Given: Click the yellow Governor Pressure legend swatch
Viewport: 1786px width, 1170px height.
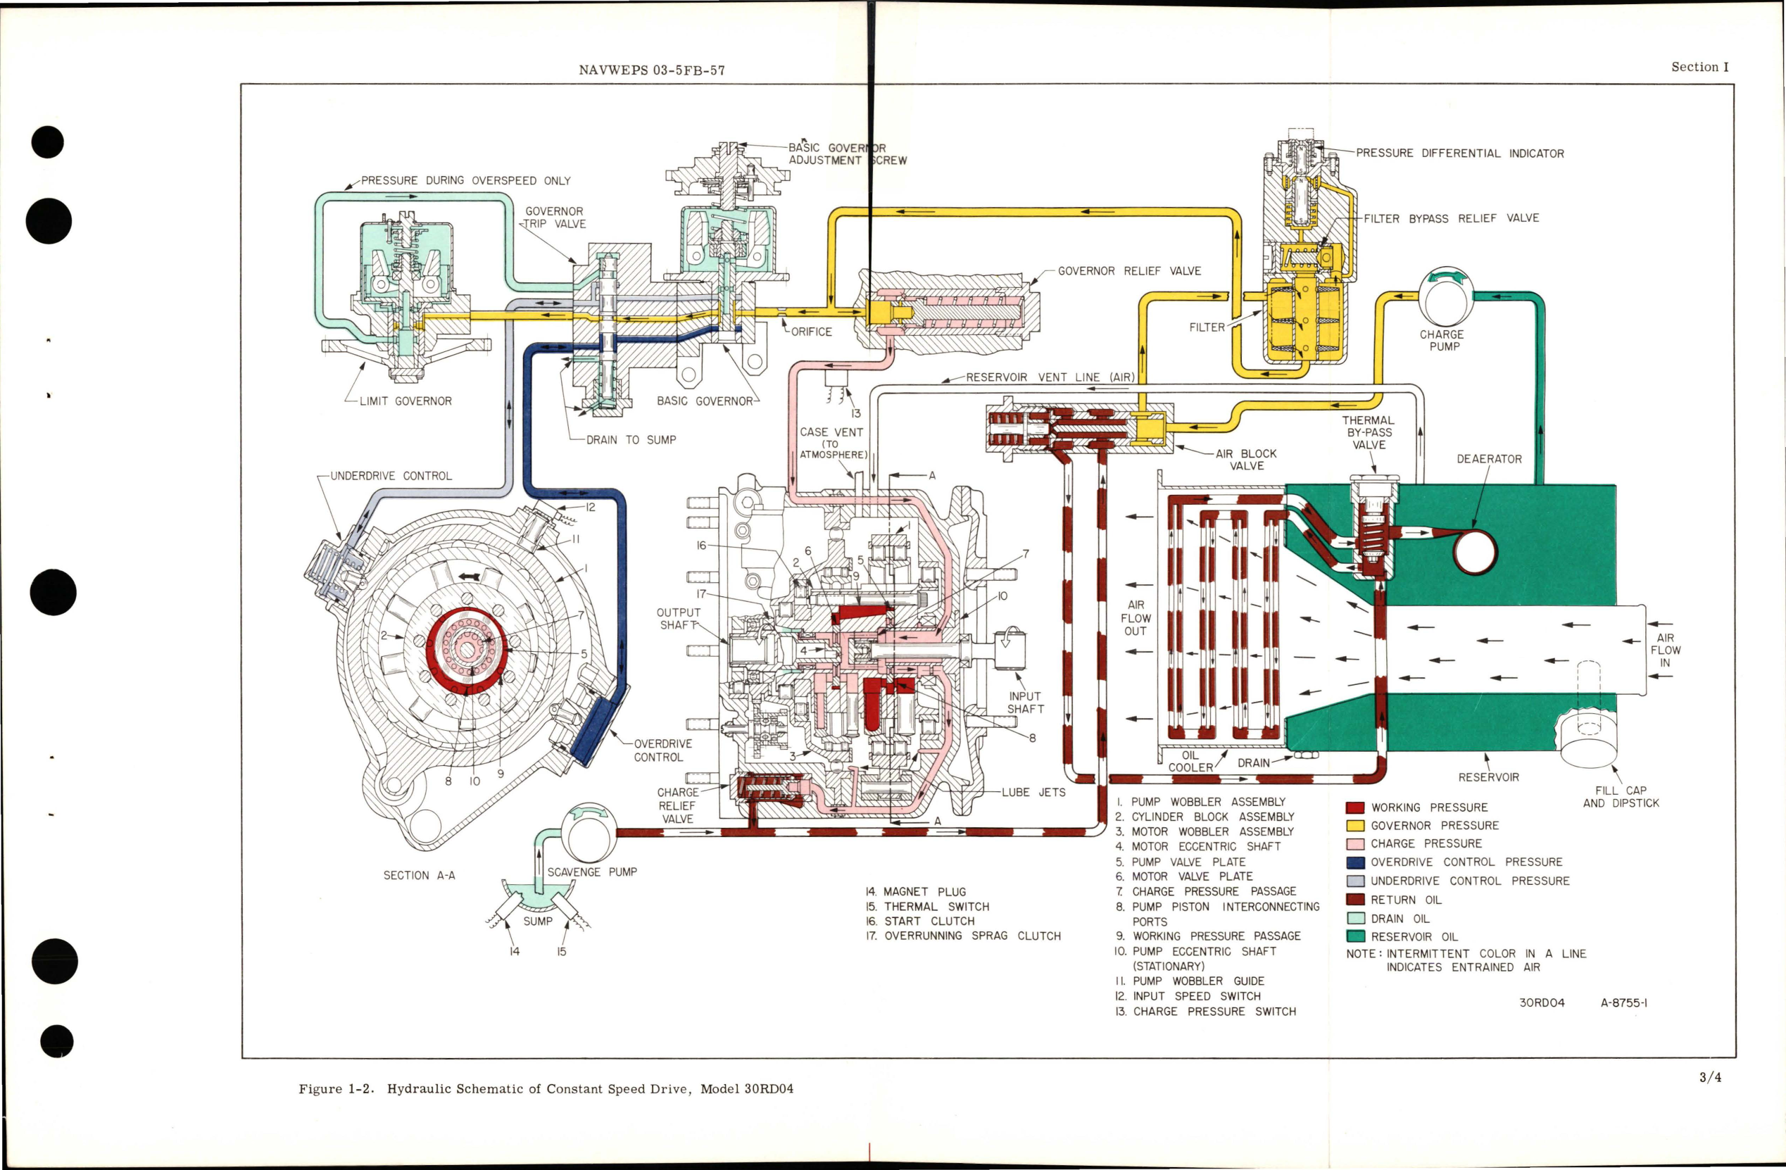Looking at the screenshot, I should [1354, 826].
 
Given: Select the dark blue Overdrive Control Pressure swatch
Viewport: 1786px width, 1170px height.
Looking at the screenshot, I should [1354, 862].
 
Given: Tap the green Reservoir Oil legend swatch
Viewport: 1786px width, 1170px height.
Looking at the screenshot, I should [1354, 936].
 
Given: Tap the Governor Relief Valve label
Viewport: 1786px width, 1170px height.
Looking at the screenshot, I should [1128, 271].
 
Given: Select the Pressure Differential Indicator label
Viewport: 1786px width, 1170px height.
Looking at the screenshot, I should [1459, 153].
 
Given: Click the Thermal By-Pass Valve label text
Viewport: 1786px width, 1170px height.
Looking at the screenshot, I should [1368, 432].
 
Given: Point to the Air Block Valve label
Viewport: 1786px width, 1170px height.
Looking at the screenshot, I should [1246, 459].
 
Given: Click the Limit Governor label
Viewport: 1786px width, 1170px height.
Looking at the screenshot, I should [405, 401].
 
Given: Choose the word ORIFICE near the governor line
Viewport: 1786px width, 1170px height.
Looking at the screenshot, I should [810, 332].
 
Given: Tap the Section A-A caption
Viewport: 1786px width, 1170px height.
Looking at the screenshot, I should [419, 875].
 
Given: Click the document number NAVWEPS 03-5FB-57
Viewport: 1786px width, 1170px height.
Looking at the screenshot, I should [651, 70].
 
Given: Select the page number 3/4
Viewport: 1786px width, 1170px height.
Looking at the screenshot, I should [1709, 1078].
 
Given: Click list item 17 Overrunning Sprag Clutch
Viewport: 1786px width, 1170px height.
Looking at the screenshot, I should [963, 936].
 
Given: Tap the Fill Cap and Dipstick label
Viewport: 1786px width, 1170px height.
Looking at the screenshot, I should [1620, 796].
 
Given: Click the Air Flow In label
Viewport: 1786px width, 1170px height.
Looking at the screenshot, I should [1665, 650].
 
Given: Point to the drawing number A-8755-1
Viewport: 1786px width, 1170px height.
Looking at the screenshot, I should [1623, 1002].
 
